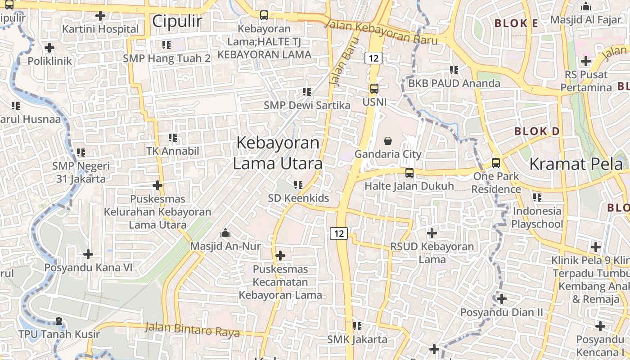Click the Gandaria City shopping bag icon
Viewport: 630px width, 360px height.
click(388, 141)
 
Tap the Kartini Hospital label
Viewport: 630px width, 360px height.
click(100, 29)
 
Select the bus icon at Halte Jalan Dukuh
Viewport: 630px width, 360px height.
click(409, 172)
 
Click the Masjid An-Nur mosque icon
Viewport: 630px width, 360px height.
click(225, 233)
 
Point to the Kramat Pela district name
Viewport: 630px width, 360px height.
click(576, 164)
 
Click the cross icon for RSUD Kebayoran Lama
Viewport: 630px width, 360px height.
click(432, 233)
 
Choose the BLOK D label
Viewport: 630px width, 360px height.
click(537, 131)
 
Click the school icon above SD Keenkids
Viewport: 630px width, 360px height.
click(298, 184)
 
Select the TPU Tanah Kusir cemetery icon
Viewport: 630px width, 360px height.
click(59, 321)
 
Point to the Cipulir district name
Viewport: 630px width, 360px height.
click(177, 21)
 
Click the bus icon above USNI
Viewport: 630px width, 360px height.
click(374, 88)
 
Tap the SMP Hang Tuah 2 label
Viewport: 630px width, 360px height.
click(166, 58)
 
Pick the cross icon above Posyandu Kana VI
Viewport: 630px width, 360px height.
click(88, 254)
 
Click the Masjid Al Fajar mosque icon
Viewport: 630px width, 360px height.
click(585, 7)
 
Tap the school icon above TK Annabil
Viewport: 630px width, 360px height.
click(172, 138)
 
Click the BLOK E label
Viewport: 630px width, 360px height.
click(516, 23)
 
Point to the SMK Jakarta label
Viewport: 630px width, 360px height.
click(357, 339)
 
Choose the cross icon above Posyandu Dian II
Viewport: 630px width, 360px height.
click(501, 298)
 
